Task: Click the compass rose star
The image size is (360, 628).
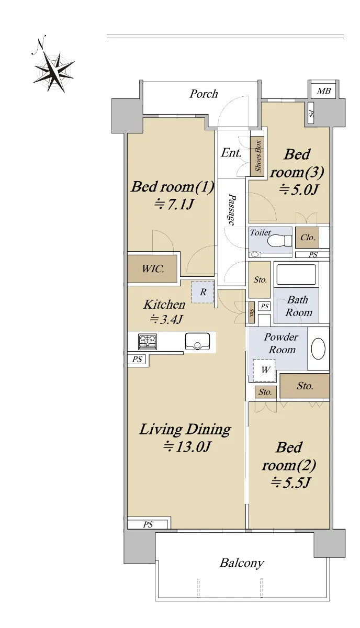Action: pyautogui.click(x=54, y=72)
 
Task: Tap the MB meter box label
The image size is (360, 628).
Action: pyautogui.click(x=324, y=91)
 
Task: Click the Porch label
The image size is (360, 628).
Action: pyautogui.click(x=204, y=94)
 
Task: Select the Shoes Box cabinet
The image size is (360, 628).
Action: pyautogui.click(x=257, y=156)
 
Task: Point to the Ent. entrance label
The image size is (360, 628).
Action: pyautogui.click(x=231, y=153)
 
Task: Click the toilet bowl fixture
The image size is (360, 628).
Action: pyautogui.click(x=280, y=241)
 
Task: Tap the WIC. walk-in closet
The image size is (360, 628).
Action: pyautogui.click(x=152, y=268)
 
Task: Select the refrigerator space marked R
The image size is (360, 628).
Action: pyautogui.click(x=203, y=292)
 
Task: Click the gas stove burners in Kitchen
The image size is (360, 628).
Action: pyautogui.click(x=148, y=341)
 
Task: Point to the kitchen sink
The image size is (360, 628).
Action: pyautogui.click(x=197, y=341)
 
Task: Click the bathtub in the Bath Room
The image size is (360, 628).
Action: pyautogui.click(x=296, y=274)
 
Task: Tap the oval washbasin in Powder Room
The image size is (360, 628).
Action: pyautogui.click(x=318, y=349)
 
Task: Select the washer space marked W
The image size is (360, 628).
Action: pyautogui.click(x=264, y=370)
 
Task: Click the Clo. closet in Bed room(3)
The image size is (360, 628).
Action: pyautogui.click(x=308, y=238)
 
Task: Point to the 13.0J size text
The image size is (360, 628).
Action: pyautogui.click(x=187, y=447)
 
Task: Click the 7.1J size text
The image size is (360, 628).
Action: pyautogui.click(x=174, y=205)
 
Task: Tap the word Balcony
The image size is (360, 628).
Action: pyautogui.click(x=242, y=563)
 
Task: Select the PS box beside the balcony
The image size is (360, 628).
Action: pyautogui.click(x=149, y=524)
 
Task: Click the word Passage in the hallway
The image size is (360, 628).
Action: pyautogui.click(x=232, y=209)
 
